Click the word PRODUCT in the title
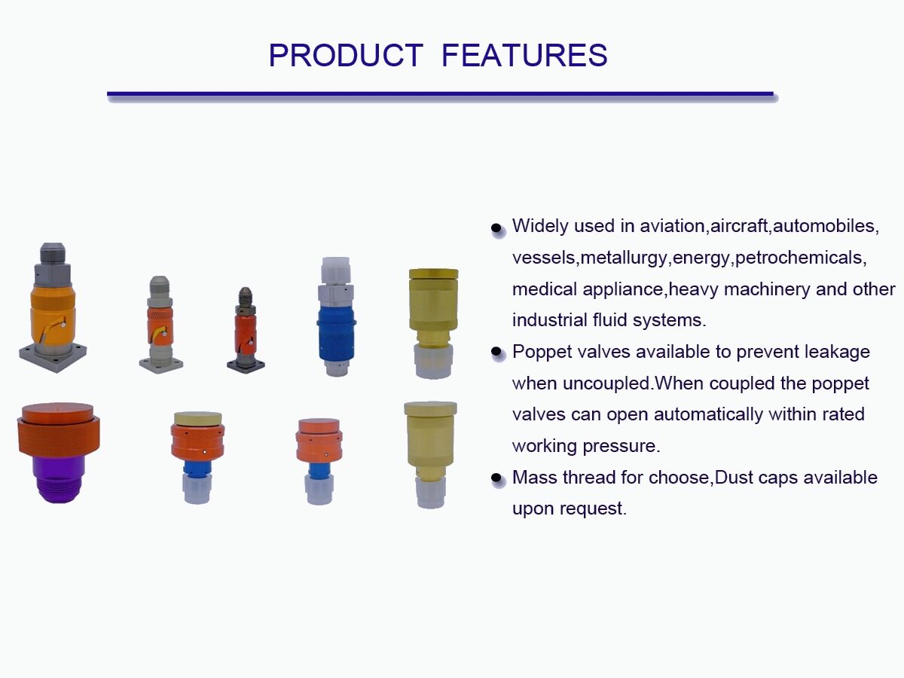click(x=346, y=56)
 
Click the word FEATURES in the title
click(x=524, y=56)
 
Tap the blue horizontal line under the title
click(x=440, y=94)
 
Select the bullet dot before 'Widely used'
click(x=496, y=228)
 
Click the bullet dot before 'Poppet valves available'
click(x=496, y=353)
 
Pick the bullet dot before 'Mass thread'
click(x=496, y=478)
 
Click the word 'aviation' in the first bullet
click(x=671, y=226)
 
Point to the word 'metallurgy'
click(x=624, y=258)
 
